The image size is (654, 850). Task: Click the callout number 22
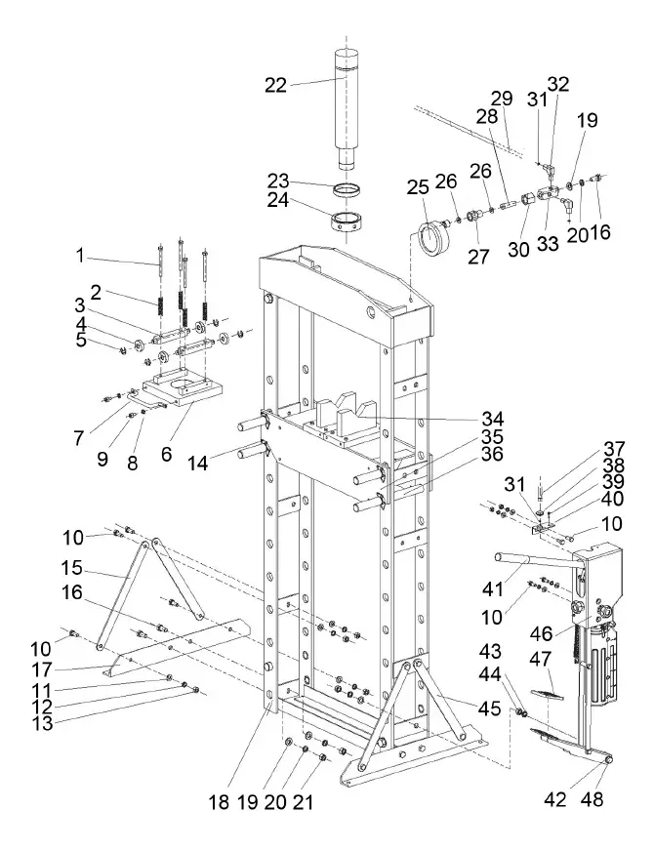pyautogui.click(x=276, y=85)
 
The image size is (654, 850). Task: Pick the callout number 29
pyautogui.click(x=503, y=99)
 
